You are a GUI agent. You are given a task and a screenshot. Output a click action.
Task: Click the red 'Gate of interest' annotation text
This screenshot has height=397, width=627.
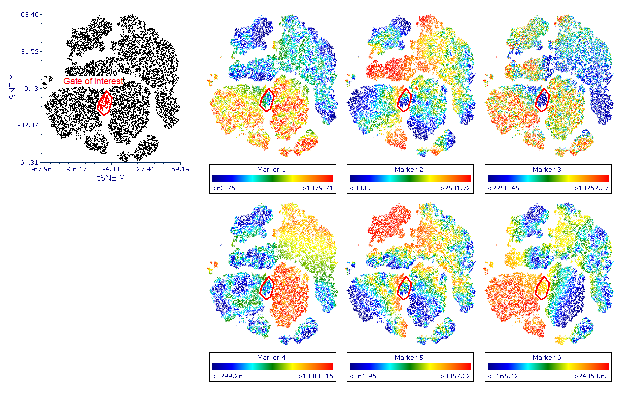click(93, 81)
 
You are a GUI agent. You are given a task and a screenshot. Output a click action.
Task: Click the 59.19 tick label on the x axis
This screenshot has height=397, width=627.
click(179, 169)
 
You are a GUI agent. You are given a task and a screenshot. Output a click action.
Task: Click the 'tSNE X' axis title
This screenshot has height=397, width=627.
click(110, 178)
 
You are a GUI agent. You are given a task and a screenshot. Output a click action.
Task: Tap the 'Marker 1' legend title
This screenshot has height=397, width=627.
click(271, 169)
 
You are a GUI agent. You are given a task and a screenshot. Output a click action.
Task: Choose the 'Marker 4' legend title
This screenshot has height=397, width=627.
click(271, 358)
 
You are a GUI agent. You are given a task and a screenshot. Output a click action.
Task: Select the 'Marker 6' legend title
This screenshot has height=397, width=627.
click(547, 358)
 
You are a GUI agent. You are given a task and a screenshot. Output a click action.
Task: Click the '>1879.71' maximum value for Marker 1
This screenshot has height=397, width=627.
click(318, 188)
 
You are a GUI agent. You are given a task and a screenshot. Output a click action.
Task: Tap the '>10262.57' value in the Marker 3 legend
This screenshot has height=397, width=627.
click(591, 188)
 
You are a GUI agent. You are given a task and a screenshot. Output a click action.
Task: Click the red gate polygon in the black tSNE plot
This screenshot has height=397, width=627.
click(104, 103)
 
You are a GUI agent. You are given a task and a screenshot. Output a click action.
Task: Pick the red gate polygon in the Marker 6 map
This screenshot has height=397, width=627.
click(542, 288)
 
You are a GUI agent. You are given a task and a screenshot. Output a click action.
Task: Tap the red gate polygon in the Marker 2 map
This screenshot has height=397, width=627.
click(404, 100)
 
